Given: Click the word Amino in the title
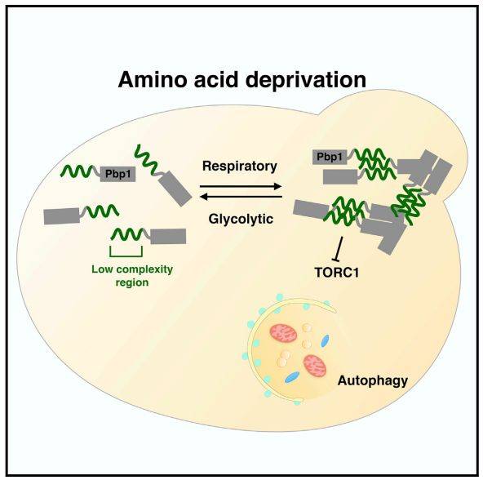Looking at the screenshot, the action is pos(153,79).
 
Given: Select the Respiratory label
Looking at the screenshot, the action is pos(240,167).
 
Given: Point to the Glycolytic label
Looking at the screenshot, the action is pos(241,220).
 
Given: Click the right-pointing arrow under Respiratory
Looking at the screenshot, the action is pos(241,186).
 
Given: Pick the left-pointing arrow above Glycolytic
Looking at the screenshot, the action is pos(241,197).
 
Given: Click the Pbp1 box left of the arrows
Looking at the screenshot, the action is pos(118,174).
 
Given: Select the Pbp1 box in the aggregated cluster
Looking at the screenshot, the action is pos(330,158).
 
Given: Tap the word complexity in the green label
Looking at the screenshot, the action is pos(145,269).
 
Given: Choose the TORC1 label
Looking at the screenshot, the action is pos(337,273).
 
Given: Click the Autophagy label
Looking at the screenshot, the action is pos(372,381).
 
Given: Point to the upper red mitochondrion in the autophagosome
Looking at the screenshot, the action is pos(283,334).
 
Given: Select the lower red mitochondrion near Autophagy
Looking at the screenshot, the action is pos(315,366).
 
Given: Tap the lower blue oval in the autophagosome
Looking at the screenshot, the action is pos(292,377).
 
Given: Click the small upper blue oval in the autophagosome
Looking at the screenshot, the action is pos(325,341).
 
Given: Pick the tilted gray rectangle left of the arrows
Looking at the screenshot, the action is pos(175,189).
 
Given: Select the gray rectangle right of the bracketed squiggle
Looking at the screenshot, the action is pos(168,236).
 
